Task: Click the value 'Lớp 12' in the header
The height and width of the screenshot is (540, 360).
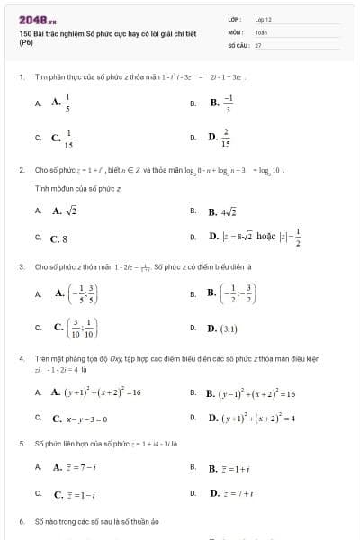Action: pyautogui.click(x=264, y=18)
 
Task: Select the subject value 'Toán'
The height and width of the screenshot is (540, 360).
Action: pyautogui.click(x=262, y=31)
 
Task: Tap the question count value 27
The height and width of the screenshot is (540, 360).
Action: pyautogui.click(x=258, y=43)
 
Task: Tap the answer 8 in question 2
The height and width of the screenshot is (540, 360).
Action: pyautogui.click(x=59, y=238)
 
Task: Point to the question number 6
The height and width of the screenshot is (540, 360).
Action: pyautogui.click(x=21, y=522)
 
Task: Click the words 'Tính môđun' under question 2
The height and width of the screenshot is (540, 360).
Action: pyautogui.click(x=50, y=189)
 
